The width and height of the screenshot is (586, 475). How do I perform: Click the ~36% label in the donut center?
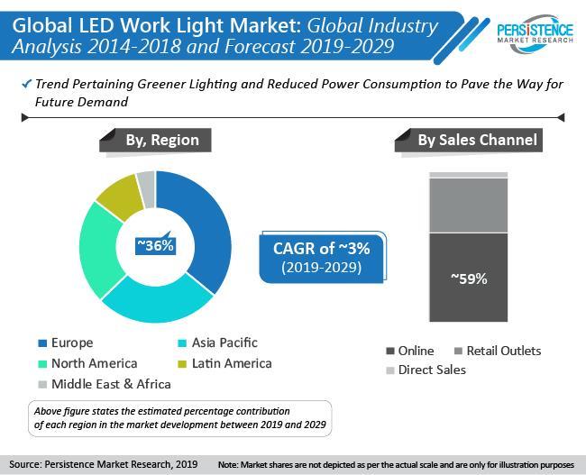(x=154, y=245)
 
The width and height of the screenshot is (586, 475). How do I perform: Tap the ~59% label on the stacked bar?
(x=468, y=279)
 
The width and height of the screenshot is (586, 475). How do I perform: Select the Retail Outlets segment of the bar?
(x=468, y=205)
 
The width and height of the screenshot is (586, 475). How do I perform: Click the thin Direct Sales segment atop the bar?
(x=468, y=174)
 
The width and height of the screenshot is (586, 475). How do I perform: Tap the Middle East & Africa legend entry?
(x=105, y=384)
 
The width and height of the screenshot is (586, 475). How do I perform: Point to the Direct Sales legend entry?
(x=425, y=370)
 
